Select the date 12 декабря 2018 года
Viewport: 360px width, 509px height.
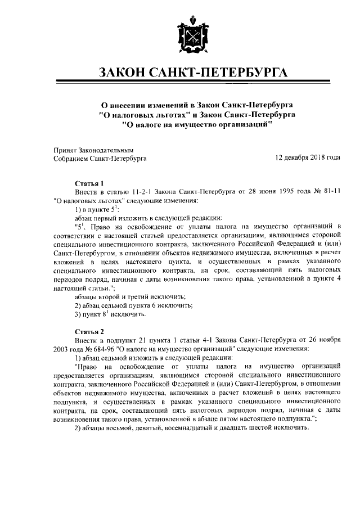point(308,158)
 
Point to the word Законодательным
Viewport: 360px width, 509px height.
point(106,150)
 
